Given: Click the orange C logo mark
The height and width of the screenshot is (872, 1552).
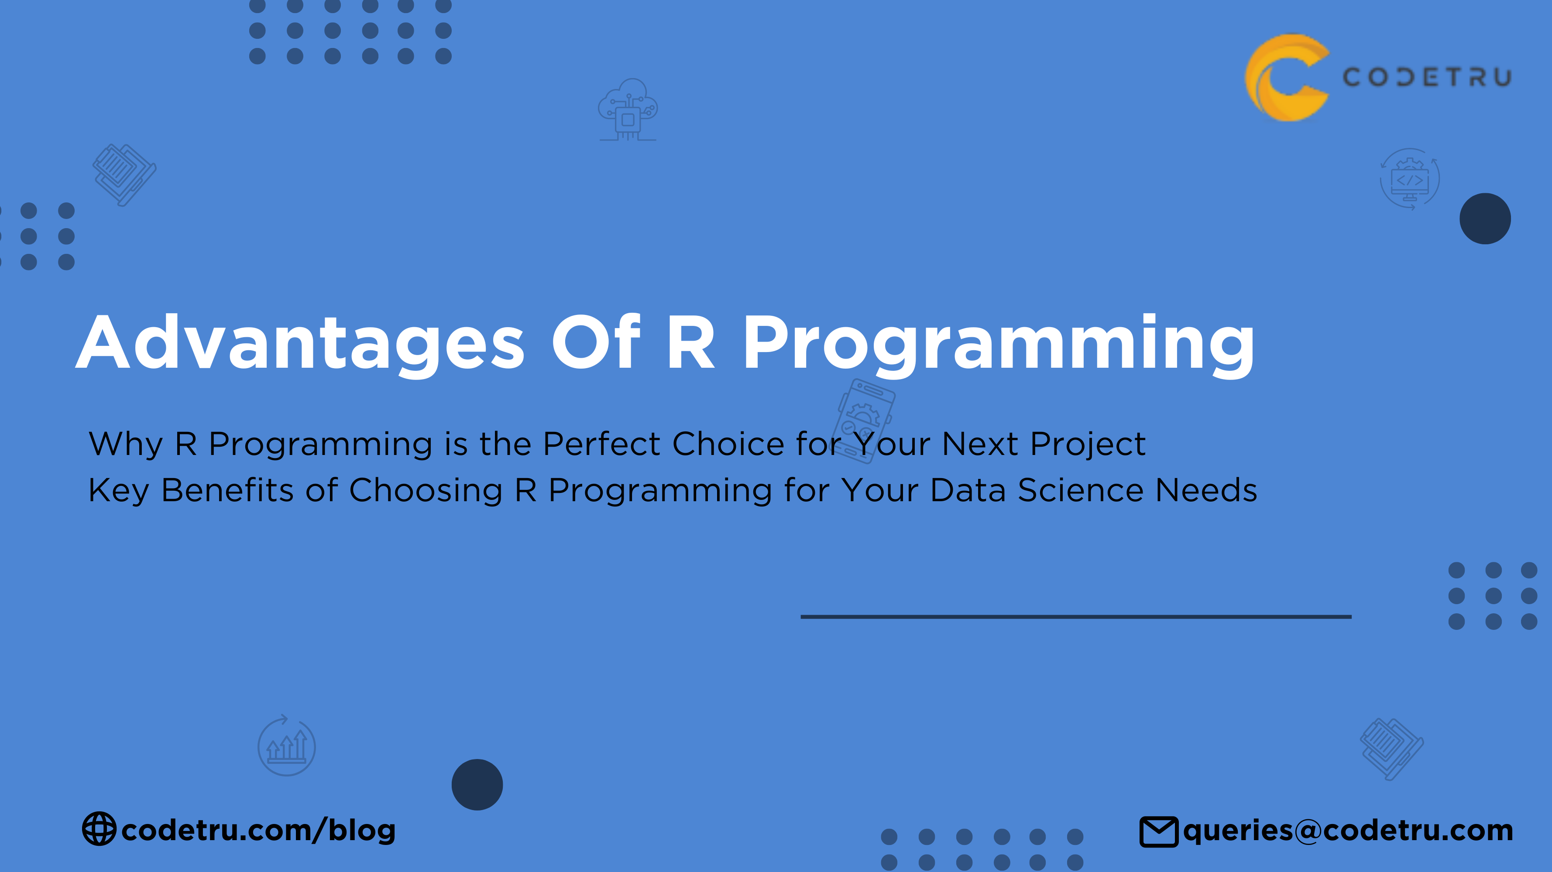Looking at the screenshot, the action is [1287, 78].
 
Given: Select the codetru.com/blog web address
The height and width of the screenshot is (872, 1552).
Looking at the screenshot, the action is [258, 830].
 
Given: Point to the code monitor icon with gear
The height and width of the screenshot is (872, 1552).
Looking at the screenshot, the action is [1410, 179].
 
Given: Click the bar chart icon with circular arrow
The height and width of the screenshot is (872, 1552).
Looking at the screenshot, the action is [287, 745].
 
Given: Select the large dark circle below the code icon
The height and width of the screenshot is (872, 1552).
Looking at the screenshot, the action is [1485, 219].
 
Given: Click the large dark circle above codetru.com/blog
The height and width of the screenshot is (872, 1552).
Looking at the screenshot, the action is [477, 785].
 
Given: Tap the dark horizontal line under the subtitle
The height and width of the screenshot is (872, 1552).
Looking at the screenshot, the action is [1076, 617].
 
